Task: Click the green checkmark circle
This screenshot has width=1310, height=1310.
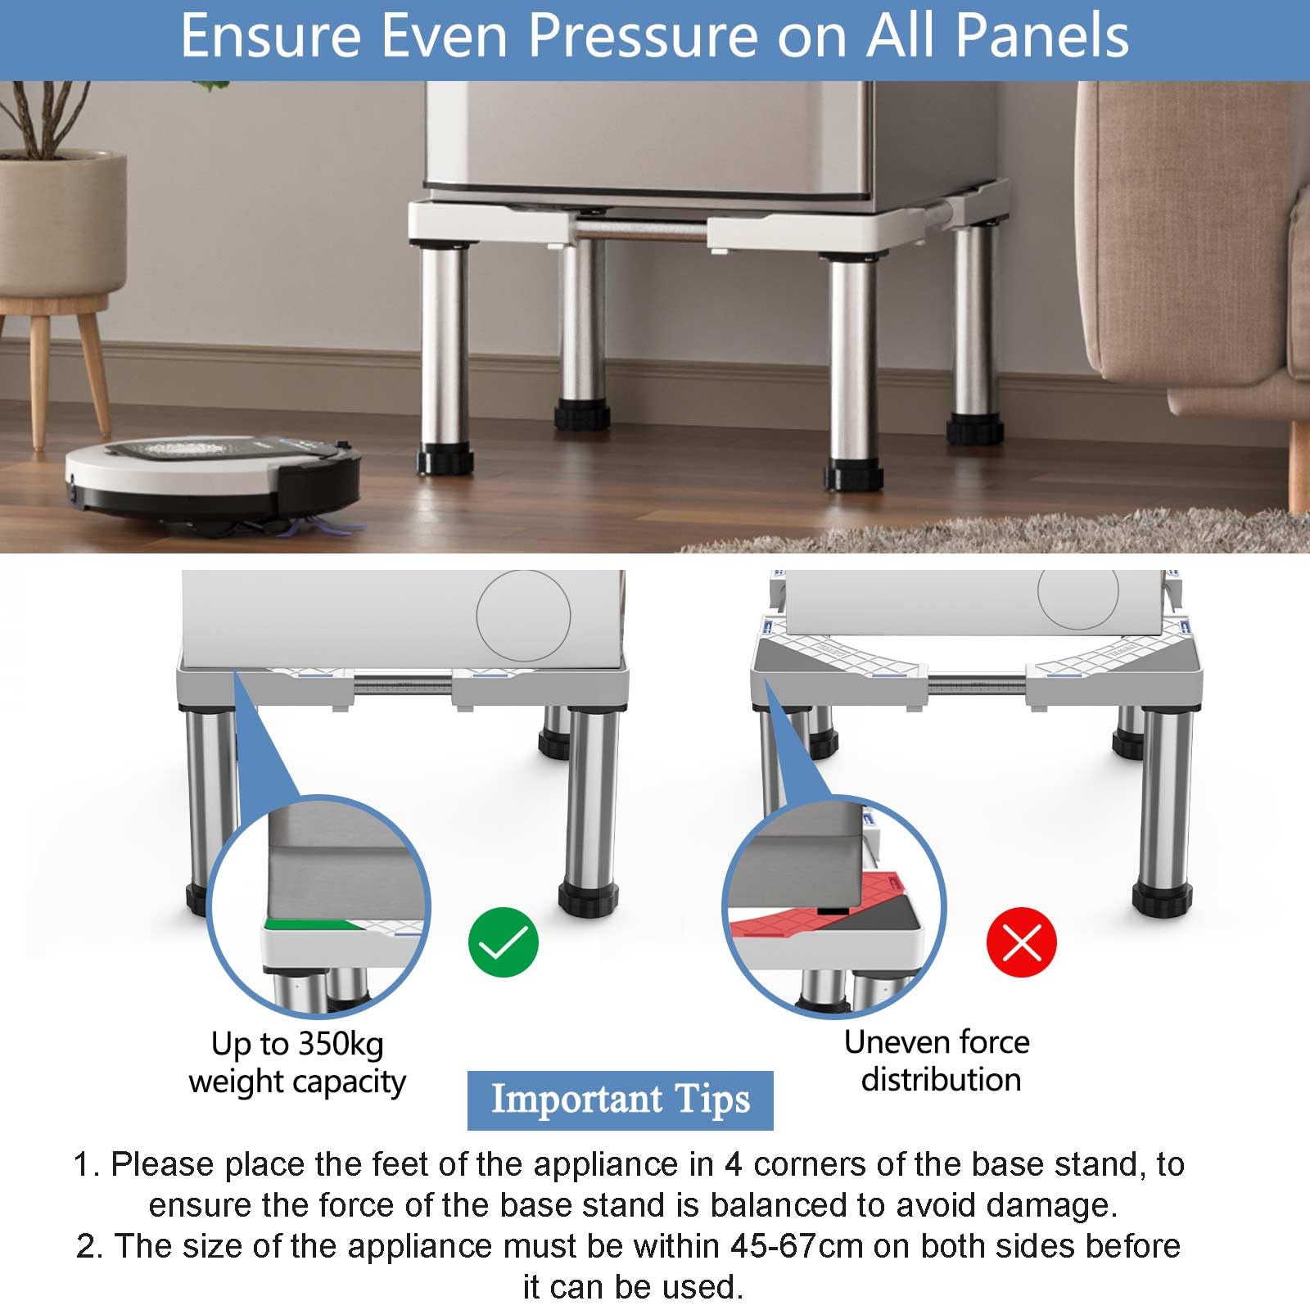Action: pyautogui.click(x=504, y=942)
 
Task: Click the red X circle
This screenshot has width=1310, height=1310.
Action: pyautogui.click(x=1022, y=942)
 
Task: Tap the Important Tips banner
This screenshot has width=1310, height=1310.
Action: pyautogui.click(x=620, y=1100)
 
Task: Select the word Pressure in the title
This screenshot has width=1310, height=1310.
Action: pyautogui.click(x=644, y=36)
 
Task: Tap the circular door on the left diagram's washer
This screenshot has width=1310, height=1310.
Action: pyautogui.click(x=523, y=616)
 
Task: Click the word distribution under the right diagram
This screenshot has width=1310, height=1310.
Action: pyautogui.click(x=941, y=1079)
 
